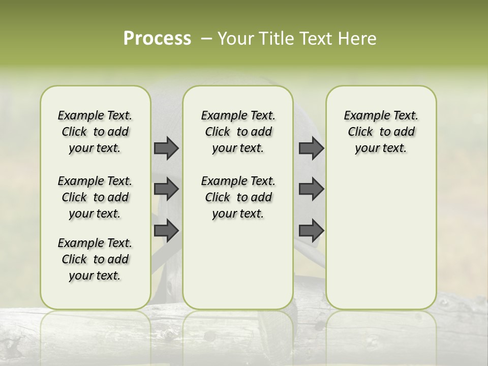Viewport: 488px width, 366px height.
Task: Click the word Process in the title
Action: (157, 39)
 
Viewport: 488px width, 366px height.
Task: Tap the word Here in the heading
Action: (357, 39)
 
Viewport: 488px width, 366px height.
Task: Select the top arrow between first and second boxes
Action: (166, 148)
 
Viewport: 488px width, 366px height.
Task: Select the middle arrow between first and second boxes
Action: (166, 189)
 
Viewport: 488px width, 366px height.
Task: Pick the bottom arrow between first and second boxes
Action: (166, 230)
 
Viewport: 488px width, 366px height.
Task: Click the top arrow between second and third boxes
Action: (311, 148)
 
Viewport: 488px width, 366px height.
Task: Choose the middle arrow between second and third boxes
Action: (311, 189)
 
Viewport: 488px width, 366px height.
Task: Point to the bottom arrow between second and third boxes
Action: (311, 230)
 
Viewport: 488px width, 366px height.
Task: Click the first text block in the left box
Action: (95, 132)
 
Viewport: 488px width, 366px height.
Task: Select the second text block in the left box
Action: (95, 197)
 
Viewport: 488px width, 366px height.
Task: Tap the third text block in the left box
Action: (95, 259)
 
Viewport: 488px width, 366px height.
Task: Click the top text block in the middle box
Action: (238, 132)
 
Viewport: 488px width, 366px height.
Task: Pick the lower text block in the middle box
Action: (238, 197)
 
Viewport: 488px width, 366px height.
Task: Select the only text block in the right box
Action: (381, 132)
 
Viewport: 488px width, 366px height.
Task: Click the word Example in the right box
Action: (362, 116)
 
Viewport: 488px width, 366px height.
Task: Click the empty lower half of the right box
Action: (381, 239)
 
